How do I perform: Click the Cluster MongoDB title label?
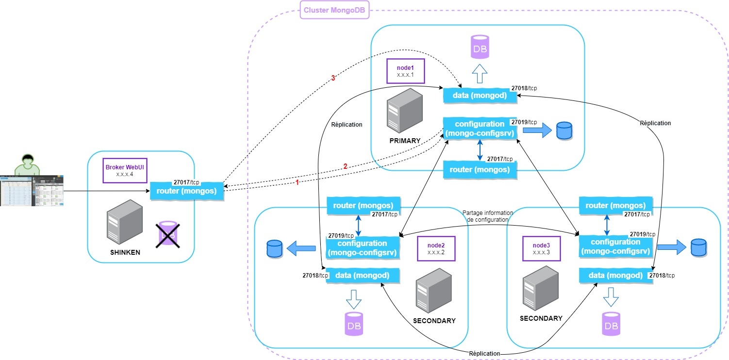pos(334,10)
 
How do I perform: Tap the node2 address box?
pos(435,248)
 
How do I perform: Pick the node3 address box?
pos(541,248)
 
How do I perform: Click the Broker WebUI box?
pos(125,170)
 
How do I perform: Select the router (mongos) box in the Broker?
pos(186,190)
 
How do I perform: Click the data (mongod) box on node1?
pos(480,96)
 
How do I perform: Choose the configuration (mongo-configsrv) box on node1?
pos(480,129)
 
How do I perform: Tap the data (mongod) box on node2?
pos(362,276)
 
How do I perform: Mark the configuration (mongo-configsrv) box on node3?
pos(615,246)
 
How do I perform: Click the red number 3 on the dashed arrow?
pos(333,78)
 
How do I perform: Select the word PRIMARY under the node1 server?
pos(404,141)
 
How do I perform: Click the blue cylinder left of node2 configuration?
pos(274,249)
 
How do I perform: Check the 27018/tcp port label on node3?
pos(662,275)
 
